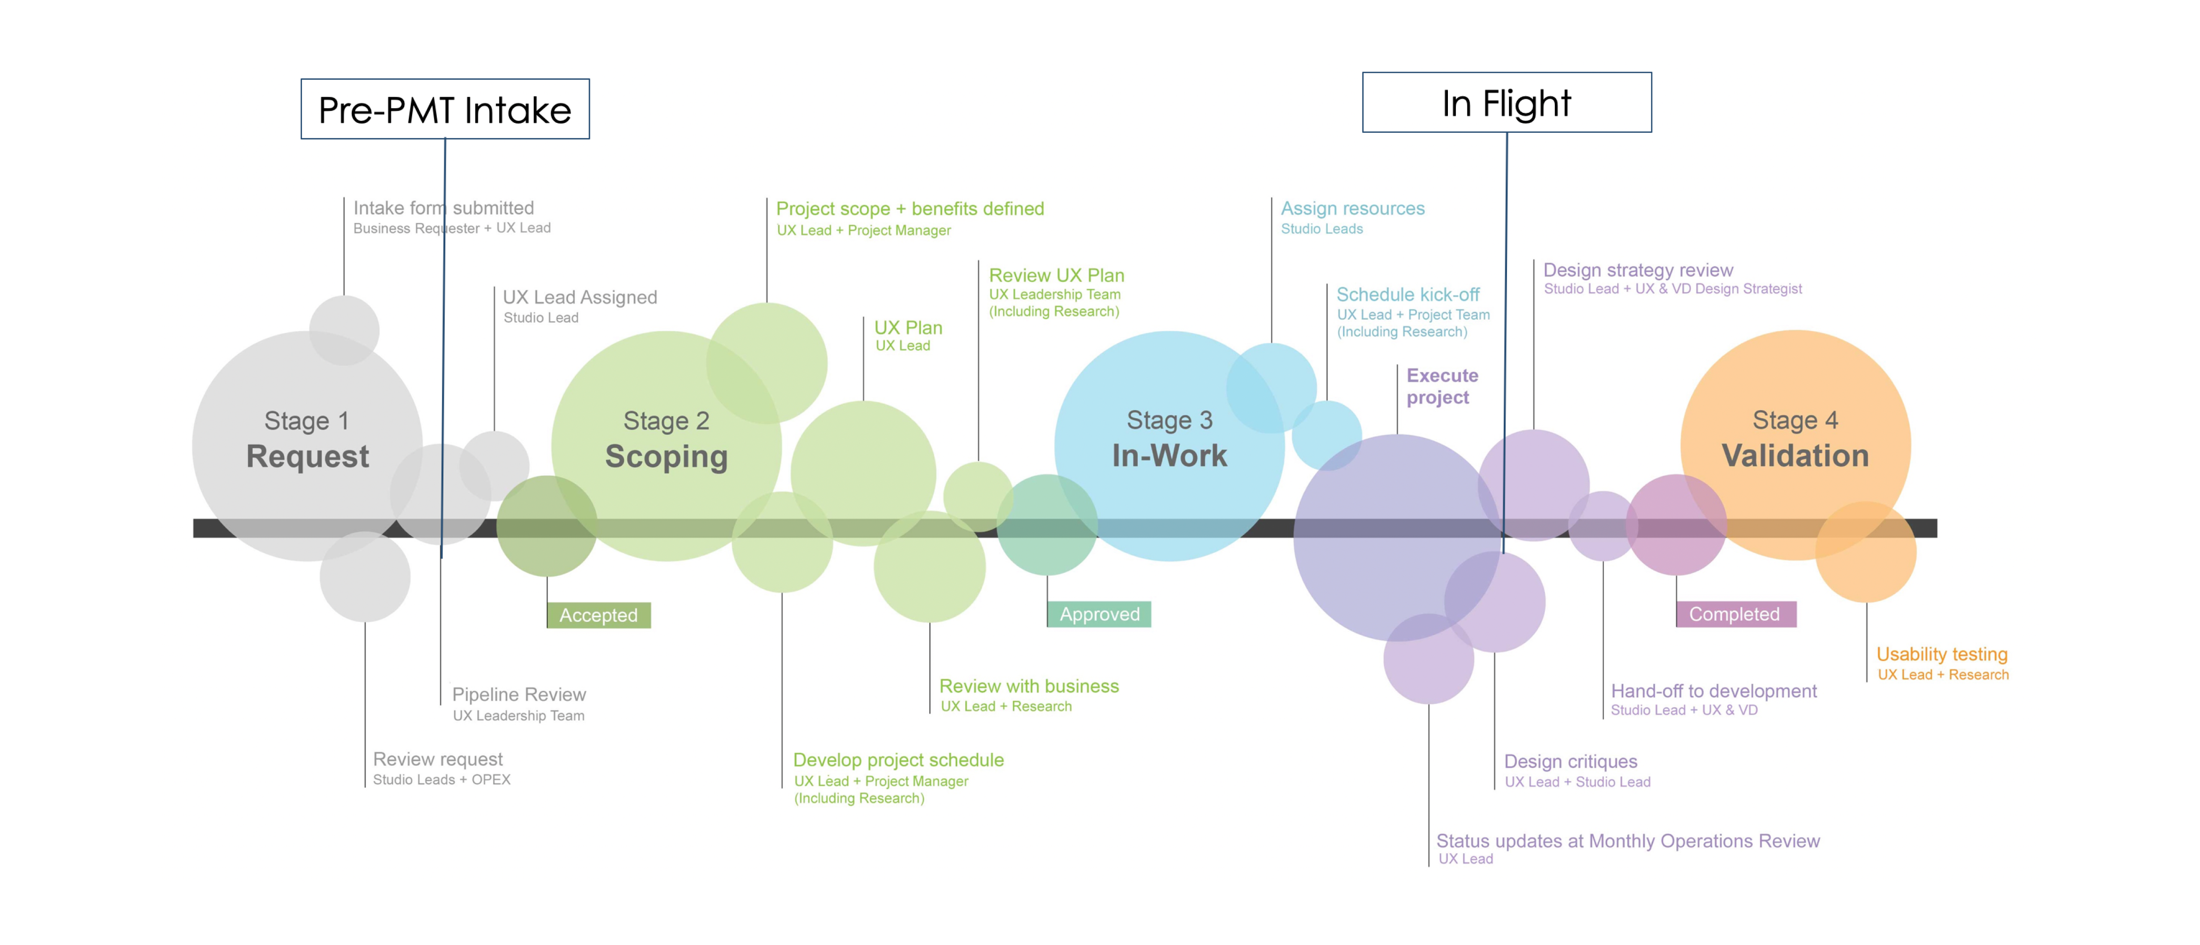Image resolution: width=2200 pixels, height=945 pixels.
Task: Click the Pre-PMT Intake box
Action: point(445,109)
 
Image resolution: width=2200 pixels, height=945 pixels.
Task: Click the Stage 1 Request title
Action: point(307,439)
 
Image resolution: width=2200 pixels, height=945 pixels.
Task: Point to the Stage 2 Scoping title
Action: point(666,439)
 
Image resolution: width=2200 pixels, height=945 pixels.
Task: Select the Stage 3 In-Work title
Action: point(1169,439)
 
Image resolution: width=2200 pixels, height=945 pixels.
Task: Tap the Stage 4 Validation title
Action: point(1795,439)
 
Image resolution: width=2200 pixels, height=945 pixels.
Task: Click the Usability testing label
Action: point(1941,654)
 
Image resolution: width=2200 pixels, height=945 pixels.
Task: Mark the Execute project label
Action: point(1442,387)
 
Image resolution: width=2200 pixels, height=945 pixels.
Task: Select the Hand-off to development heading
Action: point(1713,691)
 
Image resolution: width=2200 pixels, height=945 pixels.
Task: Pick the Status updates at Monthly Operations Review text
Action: point(1628,841)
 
